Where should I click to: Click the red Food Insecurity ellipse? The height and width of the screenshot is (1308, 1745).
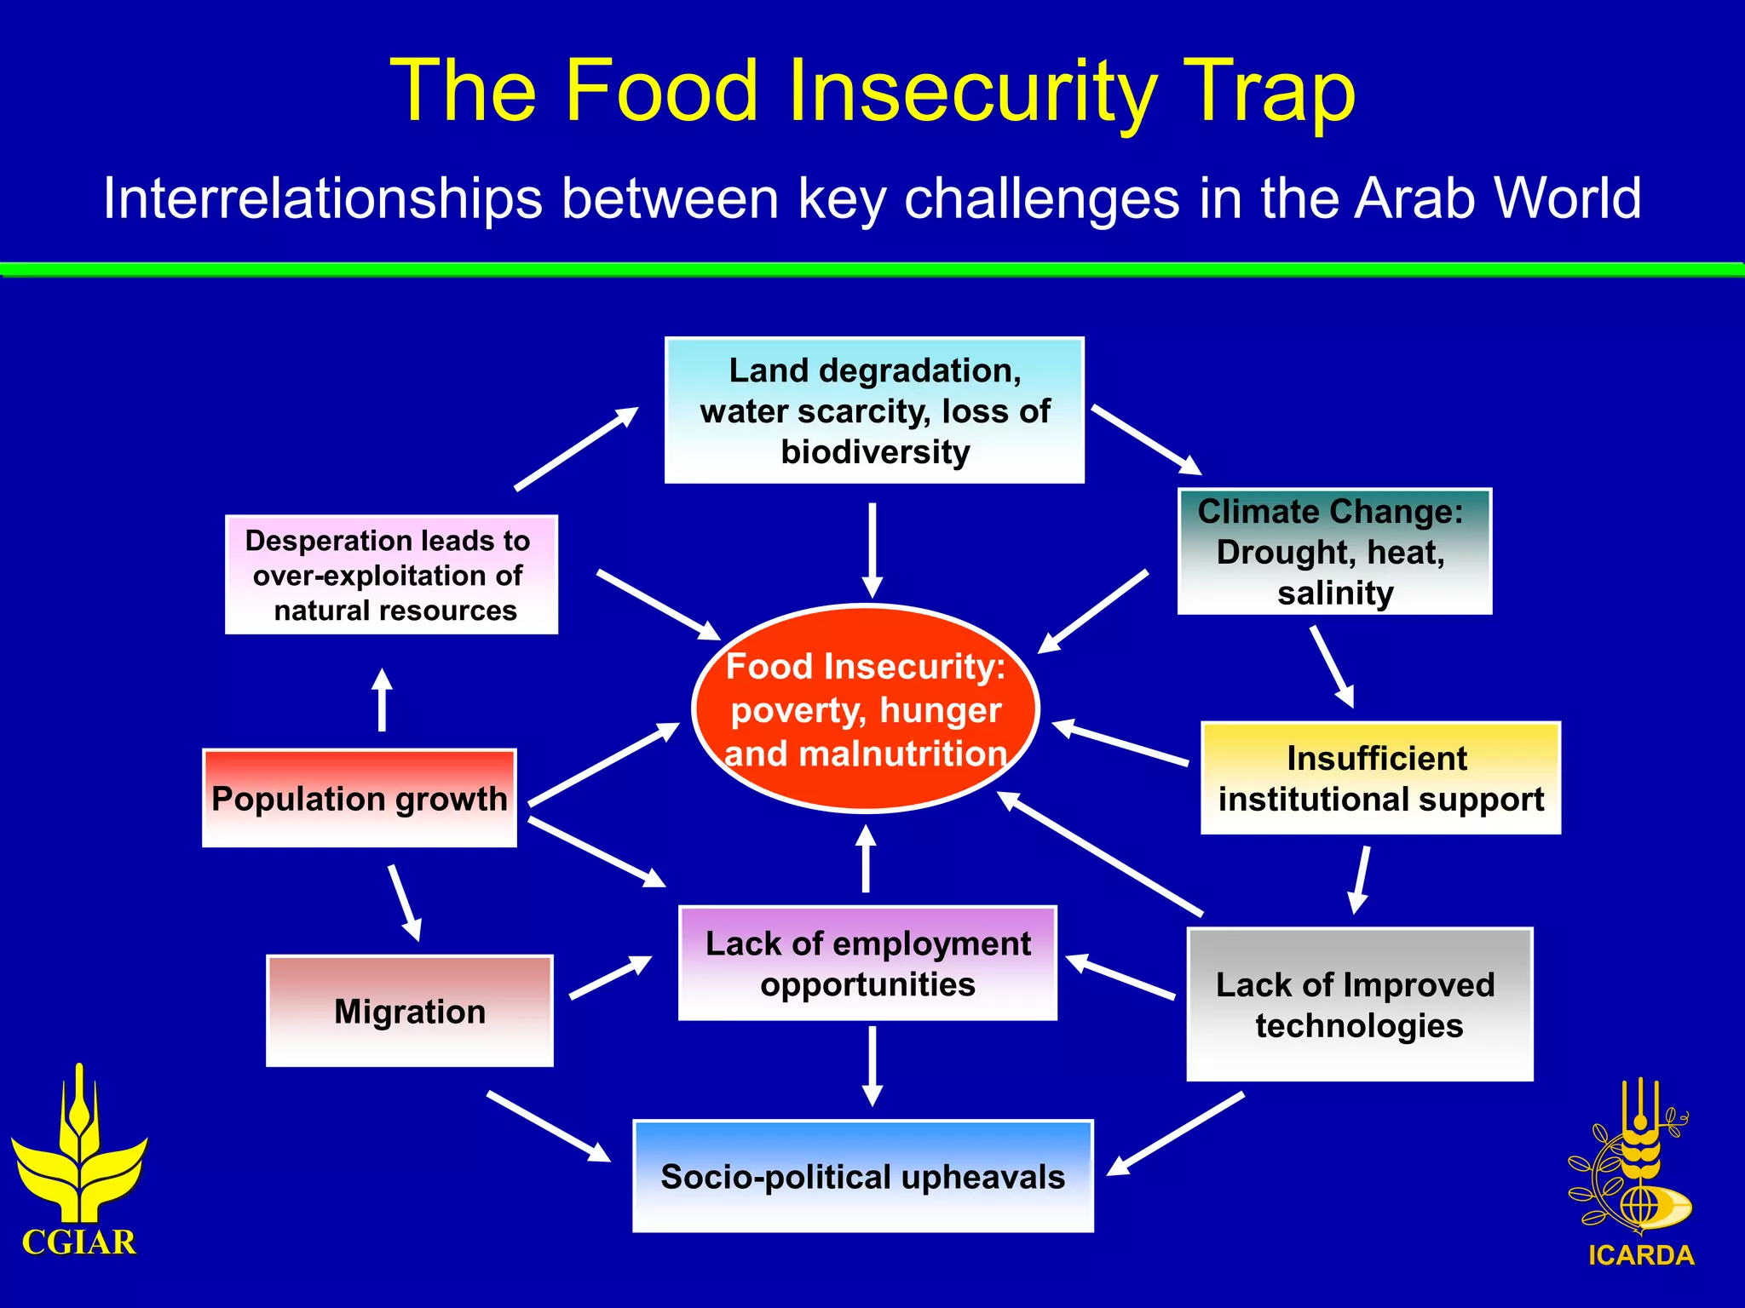click(866, 708)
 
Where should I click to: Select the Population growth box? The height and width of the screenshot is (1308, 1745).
click(360, 798)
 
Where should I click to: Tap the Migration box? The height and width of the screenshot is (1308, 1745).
click(410, 1011)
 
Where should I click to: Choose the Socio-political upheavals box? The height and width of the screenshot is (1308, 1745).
click(863, 1176)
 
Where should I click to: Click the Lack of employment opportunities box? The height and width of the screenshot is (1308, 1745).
click(867, 963)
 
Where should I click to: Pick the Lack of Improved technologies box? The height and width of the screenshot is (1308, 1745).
click(1360, 1005)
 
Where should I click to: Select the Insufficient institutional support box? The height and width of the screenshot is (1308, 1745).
click(1380, 778)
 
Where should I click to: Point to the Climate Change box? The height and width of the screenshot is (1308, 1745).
click(1334, 552)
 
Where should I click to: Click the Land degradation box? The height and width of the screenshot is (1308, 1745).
click(874, 410)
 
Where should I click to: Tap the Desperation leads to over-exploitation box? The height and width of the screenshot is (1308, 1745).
click(391, 575)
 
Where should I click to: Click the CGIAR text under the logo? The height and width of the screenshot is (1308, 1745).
click(78, 1242)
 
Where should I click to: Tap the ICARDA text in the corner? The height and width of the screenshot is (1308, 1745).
click(1641, 1255)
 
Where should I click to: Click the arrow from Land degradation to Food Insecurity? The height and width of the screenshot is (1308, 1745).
click(872, 549)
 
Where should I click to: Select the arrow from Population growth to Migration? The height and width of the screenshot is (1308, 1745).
click(404, 903)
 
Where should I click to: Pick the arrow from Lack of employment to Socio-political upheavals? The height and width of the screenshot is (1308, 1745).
click(872, 1064)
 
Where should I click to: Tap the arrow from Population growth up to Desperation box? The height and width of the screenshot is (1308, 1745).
click(383, 700)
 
